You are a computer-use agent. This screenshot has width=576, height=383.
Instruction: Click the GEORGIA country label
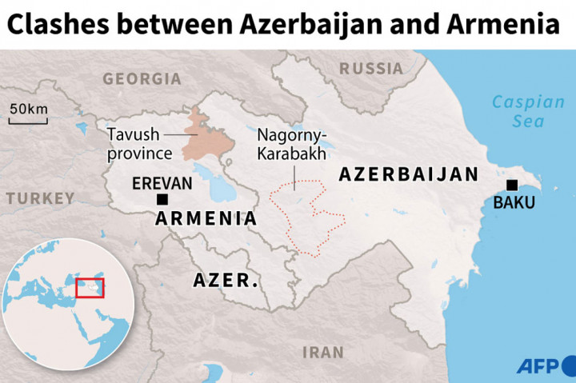142,79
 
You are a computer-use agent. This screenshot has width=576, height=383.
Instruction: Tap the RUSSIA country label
371,69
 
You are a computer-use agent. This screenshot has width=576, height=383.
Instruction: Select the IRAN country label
323,352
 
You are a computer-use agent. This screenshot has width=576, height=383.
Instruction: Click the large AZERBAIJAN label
408,174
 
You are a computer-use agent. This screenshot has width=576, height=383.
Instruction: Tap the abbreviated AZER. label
226,281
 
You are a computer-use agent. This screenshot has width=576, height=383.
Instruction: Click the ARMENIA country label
206,218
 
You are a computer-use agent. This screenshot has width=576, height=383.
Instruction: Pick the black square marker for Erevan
162,199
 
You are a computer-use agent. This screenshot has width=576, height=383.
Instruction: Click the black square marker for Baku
512,186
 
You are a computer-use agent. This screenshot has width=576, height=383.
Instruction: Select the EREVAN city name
162,183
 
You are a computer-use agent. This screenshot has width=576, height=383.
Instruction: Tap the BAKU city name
514,203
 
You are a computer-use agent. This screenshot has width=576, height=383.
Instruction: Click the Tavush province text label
141,145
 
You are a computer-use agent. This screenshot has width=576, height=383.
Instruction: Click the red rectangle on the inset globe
90,288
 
